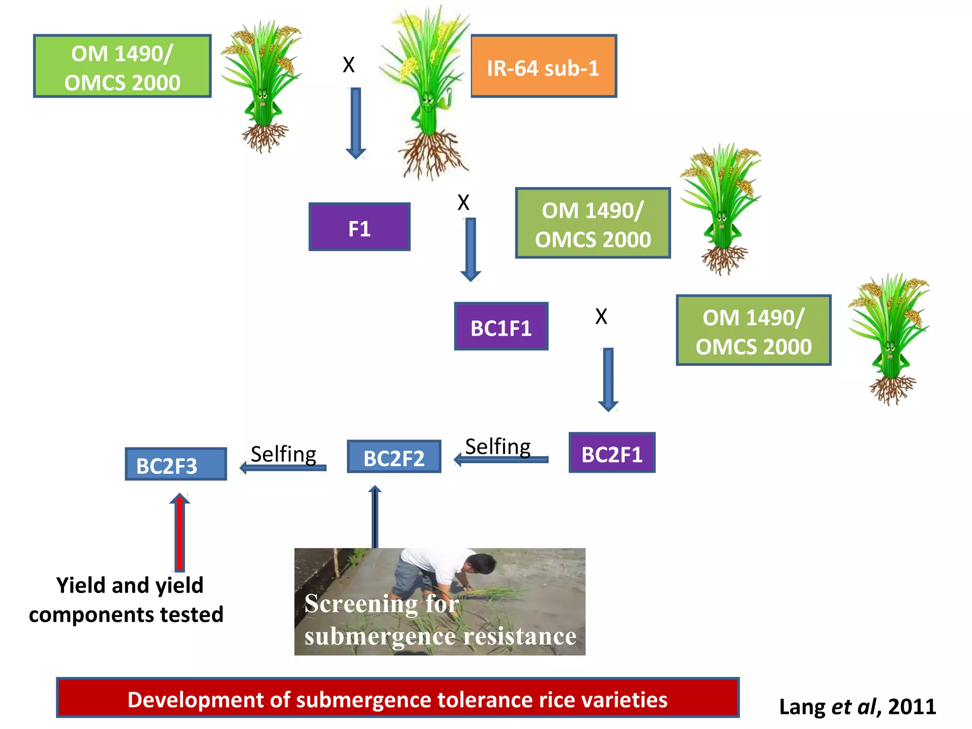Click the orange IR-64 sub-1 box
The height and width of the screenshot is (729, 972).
[x=543, y=66]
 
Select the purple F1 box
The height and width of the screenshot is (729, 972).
[x=359, y=227]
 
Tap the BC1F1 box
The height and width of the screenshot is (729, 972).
[x=501, y=327]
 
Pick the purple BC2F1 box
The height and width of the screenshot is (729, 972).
[x=612, y=452]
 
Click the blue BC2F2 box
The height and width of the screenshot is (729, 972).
[x=394, y=457]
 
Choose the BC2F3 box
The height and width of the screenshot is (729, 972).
[x=176, y=464]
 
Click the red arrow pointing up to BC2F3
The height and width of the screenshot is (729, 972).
[x=179, y=532]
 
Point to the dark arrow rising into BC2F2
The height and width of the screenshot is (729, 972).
[x=375, y=517]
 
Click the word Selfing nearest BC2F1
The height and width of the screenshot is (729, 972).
[x=497, y=447]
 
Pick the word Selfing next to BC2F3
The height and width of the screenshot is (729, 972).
[x=283, y=454]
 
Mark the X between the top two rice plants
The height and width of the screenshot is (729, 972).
[x=349, y=65]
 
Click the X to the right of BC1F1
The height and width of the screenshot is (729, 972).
[x=601, y=317]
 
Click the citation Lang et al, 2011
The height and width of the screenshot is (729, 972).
[x=857, y=707]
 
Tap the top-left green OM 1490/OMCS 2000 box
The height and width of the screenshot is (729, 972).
[x=122, y=66]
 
